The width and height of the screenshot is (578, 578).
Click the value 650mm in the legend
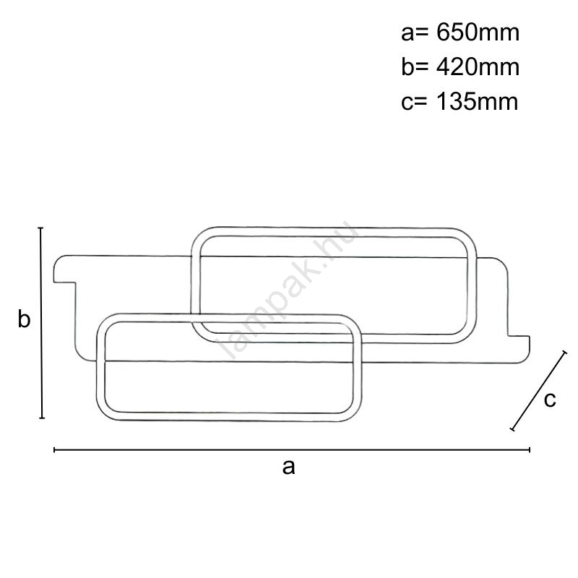click(478, 33)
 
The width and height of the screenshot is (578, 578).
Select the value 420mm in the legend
click(478, 67)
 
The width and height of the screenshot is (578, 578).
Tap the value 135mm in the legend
click(477, 101)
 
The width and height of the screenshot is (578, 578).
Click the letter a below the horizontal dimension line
click(288, 467)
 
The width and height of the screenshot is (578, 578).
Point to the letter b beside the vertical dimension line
click(24, 319)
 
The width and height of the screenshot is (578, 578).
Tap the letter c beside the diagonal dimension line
click(550, 400)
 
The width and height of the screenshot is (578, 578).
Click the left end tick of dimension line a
click(55, 449)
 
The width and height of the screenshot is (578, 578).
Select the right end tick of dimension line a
click(530, 449)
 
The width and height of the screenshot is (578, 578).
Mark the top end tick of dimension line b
click(41, 228)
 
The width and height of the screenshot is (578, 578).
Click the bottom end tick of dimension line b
click(42, 418)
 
